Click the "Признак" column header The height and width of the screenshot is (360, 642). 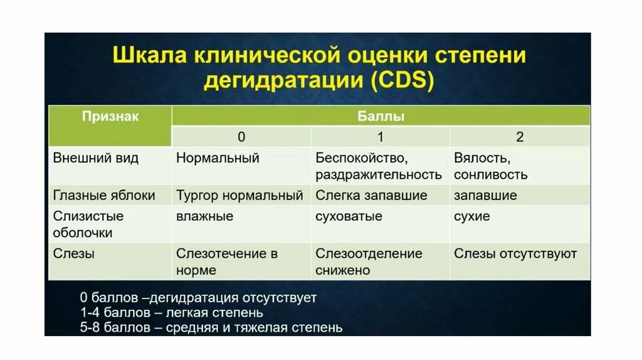tap(110, 117)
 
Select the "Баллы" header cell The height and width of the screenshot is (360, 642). tap(381, 117)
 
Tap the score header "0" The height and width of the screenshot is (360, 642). tap(241, 137)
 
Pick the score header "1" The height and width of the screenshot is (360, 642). tap(380, 137)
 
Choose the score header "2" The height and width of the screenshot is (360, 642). tap(520, 137)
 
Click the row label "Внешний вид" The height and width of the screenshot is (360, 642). tap(95, 158)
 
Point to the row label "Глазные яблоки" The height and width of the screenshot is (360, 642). tap(104, 195)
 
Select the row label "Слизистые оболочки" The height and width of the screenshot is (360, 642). tap(88, 225)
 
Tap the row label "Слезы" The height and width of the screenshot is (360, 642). tap(74, 254)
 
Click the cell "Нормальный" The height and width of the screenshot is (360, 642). tap(218, 158)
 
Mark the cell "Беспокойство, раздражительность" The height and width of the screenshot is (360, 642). tap(378, 166)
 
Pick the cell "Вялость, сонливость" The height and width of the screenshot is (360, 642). tap(490, 166)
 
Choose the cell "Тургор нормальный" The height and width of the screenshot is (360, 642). tap(239, 195)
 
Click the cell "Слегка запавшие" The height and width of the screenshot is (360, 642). tap(371, 195)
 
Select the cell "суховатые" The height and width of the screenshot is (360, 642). tap(349, 216)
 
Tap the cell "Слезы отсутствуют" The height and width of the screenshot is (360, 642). tap(515, 254)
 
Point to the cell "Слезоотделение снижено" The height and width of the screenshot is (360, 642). tap(369, 262)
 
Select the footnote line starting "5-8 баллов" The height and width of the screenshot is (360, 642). tap(211, 327)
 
